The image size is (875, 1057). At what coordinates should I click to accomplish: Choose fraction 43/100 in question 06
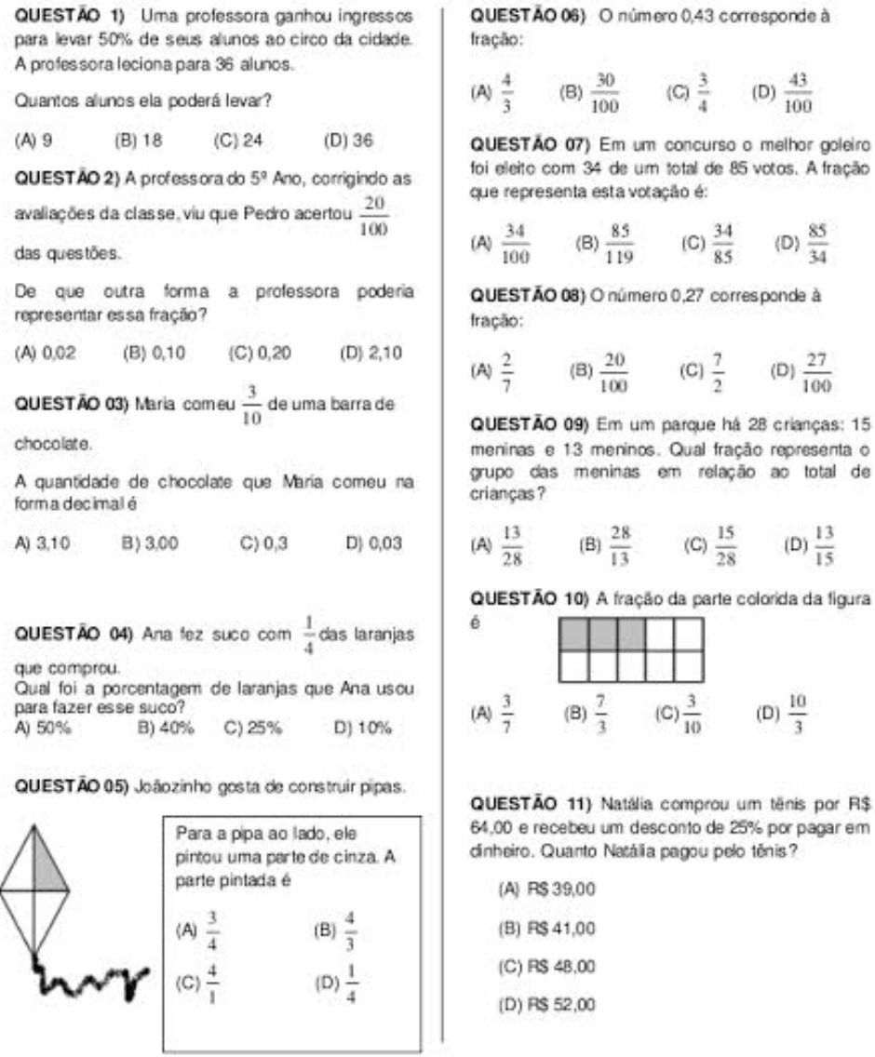[x=798, y=97]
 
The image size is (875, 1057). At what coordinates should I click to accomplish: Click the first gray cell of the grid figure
[x=572, y=634]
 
